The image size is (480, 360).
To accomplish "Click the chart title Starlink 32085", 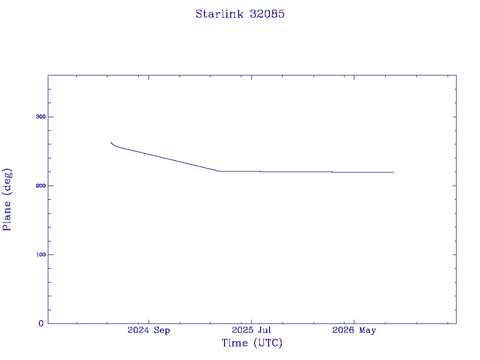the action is pos(240,14).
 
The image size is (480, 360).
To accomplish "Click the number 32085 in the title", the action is pos(267,14).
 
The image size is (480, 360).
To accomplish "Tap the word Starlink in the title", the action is pos(219,14).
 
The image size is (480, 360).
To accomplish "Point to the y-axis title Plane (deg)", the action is pos(7,200).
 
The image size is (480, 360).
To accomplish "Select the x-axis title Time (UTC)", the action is pos(252,343).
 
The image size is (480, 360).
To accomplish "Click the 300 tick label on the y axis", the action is pos(41,117).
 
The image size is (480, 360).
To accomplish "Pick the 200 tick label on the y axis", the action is pos(41,186).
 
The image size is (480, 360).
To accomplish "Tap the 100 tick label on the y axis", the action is pos(41,255).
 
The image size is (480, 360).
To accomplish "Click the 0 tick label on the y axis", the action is pos(41,323).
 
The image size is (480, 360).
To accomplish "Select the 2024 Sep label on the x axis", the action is pos(149,330).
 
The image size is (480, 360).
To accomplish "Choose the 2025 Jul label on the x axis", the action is pos(251,330).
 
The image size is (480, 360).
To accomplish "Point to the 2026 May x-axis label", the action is pos(354,330).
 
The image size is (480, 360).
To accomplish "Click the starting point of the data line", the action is pos(111,142).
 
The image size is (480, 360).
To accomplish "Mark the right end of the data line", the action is pos(394,172).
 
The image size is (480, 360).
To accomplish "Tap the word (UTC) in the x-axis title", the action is pos(268,343).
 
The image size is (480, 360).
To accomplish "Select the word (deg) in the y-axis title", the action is pos(7,182).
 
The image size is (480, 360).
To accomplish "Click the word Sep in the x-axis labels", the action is pos(162,330).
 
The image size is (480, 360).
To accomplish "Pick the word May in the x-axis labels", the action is pos(367,330).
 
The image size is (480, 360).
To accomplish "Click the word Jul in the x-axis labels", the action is pos(265,330).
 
